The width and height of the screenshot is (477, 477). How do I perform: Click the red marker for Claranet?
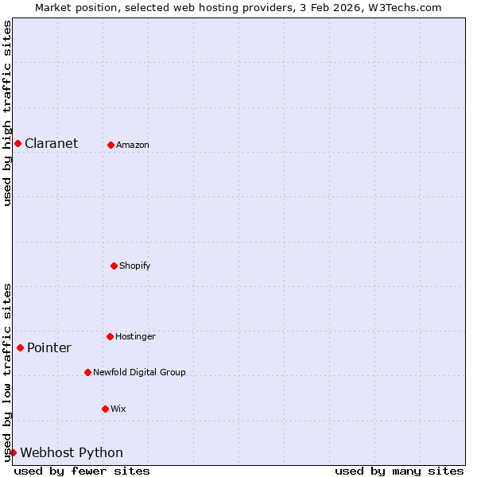[17, 143]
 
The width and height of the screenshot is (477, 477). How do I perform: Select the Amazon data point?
[111, 145]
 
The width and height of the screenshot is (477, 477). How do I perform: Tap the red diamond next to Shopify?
[114, 266]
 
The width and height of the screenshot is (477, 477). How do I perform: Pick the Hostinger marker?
[110, 336]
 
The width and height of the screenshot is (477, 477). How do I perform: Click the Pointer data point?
[20, 347]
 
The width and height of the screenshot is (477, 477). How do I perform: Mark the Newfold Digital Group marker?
[87, 372]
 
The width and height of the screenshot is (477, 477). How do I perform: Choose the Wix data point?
[105, 409]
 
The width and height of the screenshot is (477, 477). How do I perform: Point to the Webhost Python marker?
[13, 452]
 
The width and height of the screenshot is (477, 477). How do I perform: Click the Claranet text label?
[51, 144]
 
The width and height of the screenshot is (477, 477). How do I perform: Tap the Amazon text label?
[132, 145]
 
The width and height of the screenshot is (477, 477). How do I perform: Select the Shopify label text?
[134, 266]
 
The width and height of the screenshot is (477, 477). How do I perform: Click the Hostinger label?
[135, 337]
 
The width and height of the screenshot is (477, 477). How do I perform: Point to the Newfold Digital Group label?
[139, 372]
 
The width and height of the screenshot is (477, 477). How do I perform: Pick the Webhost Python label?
[72, 453]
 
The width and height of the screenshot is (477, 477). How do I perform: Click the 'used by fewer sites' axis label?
[82, 471]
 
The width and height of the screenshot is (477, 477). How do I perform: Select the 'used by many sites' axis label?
[399, 471]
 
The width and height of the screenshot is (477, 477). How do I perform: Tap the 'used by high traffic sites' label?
[7, 113]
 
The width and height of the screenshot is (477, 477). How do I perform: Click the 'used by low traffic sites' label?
[7, 372]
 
